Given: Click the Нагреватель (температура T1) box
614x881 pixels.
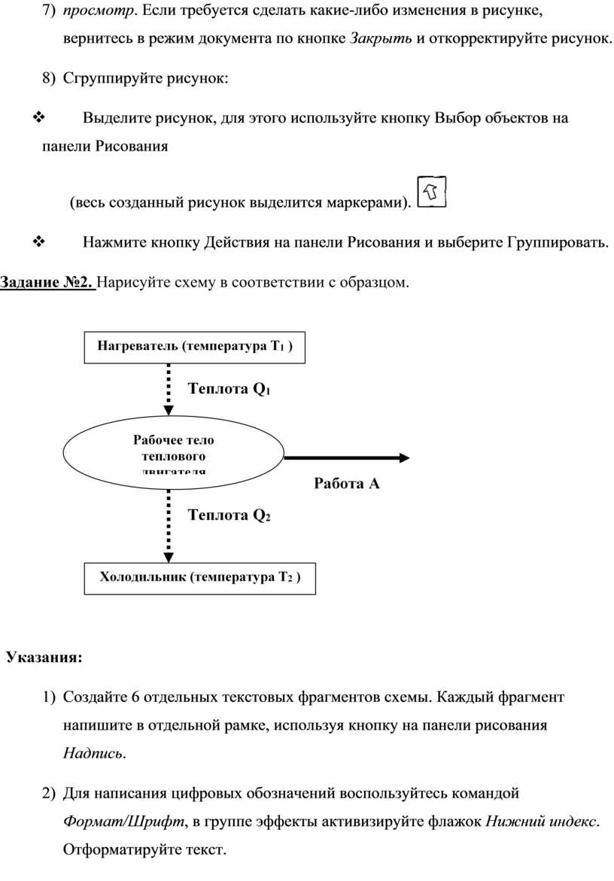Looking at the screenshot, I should [x=194, y=346].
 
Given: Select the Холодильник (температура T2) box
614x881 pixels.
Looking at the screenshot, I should [x=199, y=578].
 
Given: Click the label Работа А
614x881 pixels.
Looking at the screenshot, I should [x=347, y=484].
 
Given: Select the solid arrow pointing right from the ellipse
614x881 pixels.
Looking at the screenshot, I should [x=346, y=457].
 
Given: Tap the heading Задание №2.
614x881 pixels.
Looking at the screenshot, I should [x=47, y=283].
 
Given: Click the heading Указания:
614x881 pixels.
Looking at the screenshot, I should [x=44, y=658].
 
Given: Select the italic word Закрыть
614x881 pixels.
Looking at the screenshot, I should [x=381, y=38].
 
